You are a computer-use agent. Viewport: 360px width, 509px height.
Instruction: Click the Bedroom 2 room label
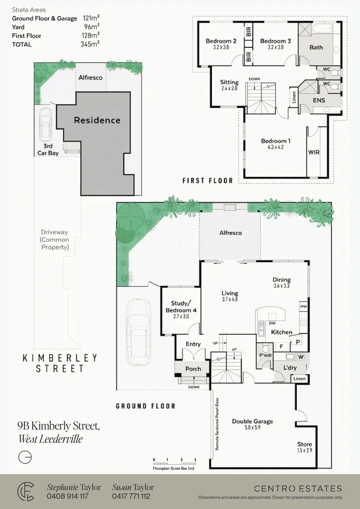pyautogui.click(x=221, y=41)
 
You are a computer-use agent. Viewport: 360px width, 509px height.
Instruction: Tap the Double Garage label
pyautogui.click(x=252, y=421)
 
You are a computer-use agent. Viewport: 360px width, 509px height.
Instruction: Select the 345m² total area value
pyautogui.click(x=90, y=44)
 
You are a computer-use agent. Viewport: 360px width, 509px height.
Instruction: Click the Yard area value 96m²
pyautogui.click(x=91, y=27)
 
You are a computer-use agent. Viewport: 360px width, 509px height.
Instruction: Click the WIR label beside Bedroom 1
pyautogui.click(x=313, y=152)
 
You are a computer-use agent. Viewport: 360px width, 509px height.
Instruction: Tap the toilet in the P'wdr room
pyautogui.click(x=266, y=348)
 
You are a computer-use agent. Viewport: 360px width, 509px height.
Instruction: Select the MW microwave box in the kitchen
pyautogui.click(x=303, y=306)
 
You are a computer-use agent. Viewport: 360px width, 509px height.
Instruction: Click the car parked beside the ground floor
pyautogui.click(x=139, y=332)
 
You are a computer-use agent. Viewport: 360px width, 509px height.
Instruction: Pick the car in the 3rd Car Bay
pyautogui.click(x=45, y=123)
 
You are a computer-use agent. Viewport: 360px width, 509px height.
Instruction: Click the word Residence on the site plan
pyautogui.click(x=97, y=121)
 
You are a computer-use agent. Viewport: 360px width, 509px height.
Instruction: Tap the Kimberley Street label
pyautogui.click(x=60, y=363)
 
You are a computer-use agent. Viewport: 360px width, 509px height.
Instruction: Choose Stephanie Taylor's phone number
pyautogui.click(x=67, y=496)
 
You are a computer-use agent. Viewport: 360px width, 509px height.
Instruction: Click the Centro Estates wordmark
pyautogui.click(x=298, y=489)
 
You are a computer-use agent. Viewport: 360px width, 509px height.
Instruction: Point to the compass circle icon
pyautogui.click(x=25, y=457)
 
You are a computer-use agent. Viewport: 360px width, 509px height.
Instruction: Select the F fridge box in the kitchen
pyautogui.click(x=281, y=346)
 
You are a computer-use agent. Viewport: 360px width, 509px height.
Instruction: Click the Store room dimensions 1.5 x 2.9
pyautogui.click(x=304, y=450)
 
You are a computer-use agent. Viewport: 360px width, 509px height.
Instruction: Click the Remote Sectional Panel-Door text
pyautogui.click(x=217, y=424)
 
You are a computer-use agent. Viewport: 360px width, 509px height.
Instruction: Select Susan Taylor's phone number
pyautogui.click(x=131, y=496)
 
